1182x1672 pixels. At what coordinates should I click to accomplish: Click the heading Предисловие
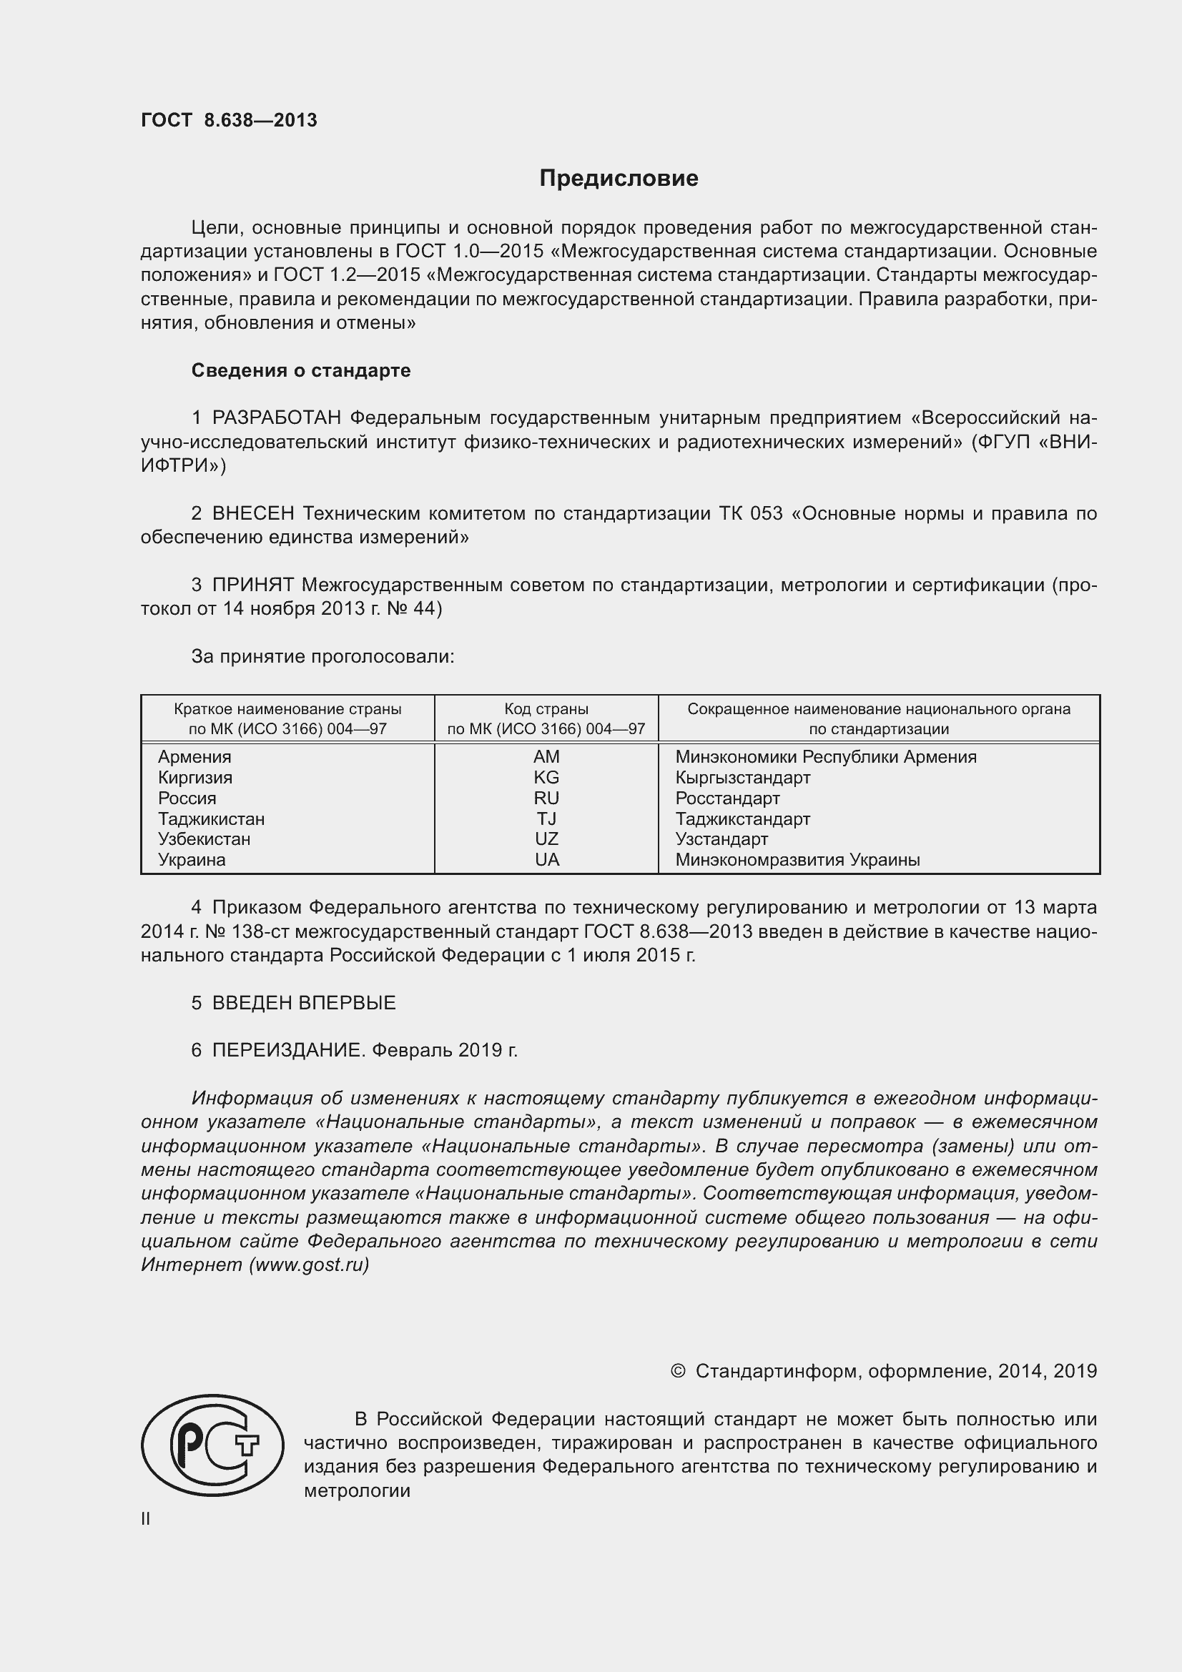point(619,179)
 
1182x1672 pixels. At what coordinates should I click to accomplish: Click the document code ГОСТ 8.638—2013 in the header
point(229,121)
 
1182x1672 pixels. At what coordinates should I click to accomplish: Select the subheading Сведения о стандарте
point(301,371)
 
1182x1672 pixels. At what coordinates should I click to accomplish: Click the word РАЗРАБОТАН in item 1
point(277,418)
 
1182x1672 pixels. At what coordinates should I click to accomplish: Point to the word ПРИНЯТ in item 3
point(252,585)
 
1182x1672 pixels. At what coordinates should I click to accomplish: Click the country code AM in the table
point(546,756)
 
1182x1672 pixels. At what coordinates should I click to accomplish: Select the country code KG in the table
point(546,777)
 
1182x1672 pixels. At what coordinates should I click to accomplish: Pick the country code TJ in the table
point(546,818)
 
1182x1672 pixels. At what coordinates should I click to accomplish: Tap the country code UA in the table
point(546,860)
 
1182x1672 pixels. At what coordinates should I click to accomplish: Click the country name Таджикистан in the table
point(211,818)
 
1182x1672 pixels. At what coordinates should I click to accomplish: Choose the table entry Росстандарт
point(727,798)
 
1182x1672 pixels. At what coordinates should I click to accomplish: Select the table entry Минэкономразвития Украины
point(797,860)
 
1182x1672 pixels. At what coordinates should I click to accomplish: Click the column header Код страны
point(546,708)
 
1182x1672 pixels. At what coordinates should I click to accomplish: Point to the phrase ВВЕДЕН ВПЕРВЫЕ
point(304,1003)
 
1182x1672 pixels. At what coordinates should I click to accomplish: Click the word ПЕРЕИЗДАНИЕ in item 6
point(287,1050)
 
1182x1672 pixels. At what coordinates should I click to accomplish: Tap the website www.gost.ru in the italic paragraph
point(309,1265)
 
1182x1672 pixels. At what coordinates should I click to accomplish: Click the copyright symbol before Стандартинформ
point(677,1371)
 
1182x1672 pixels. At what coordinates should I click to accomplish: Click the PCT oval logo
point(212,1445)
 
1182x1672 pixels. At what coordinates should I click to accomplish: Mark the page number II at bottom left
point(146,1518)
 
